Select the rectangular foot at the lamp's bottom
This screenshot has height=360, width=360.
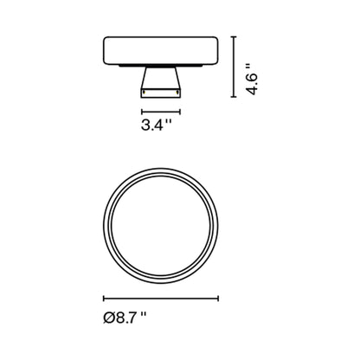[160, 93]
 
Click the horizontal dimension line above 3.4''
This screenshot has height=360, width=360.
[160, 112]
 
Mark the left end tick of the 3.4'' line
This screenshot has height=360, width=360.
[143, 112]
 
